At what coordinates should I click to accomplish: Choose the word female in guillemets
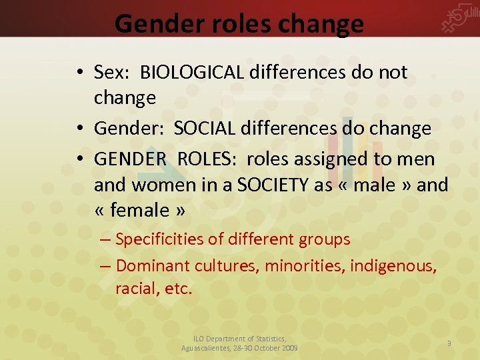(139, 211)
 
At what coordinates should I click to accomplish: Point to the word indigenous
(393, 266)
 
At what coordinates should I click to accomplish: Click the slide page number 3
(449, 343)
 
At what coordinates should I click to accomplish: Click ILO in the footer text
(199, 339)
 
